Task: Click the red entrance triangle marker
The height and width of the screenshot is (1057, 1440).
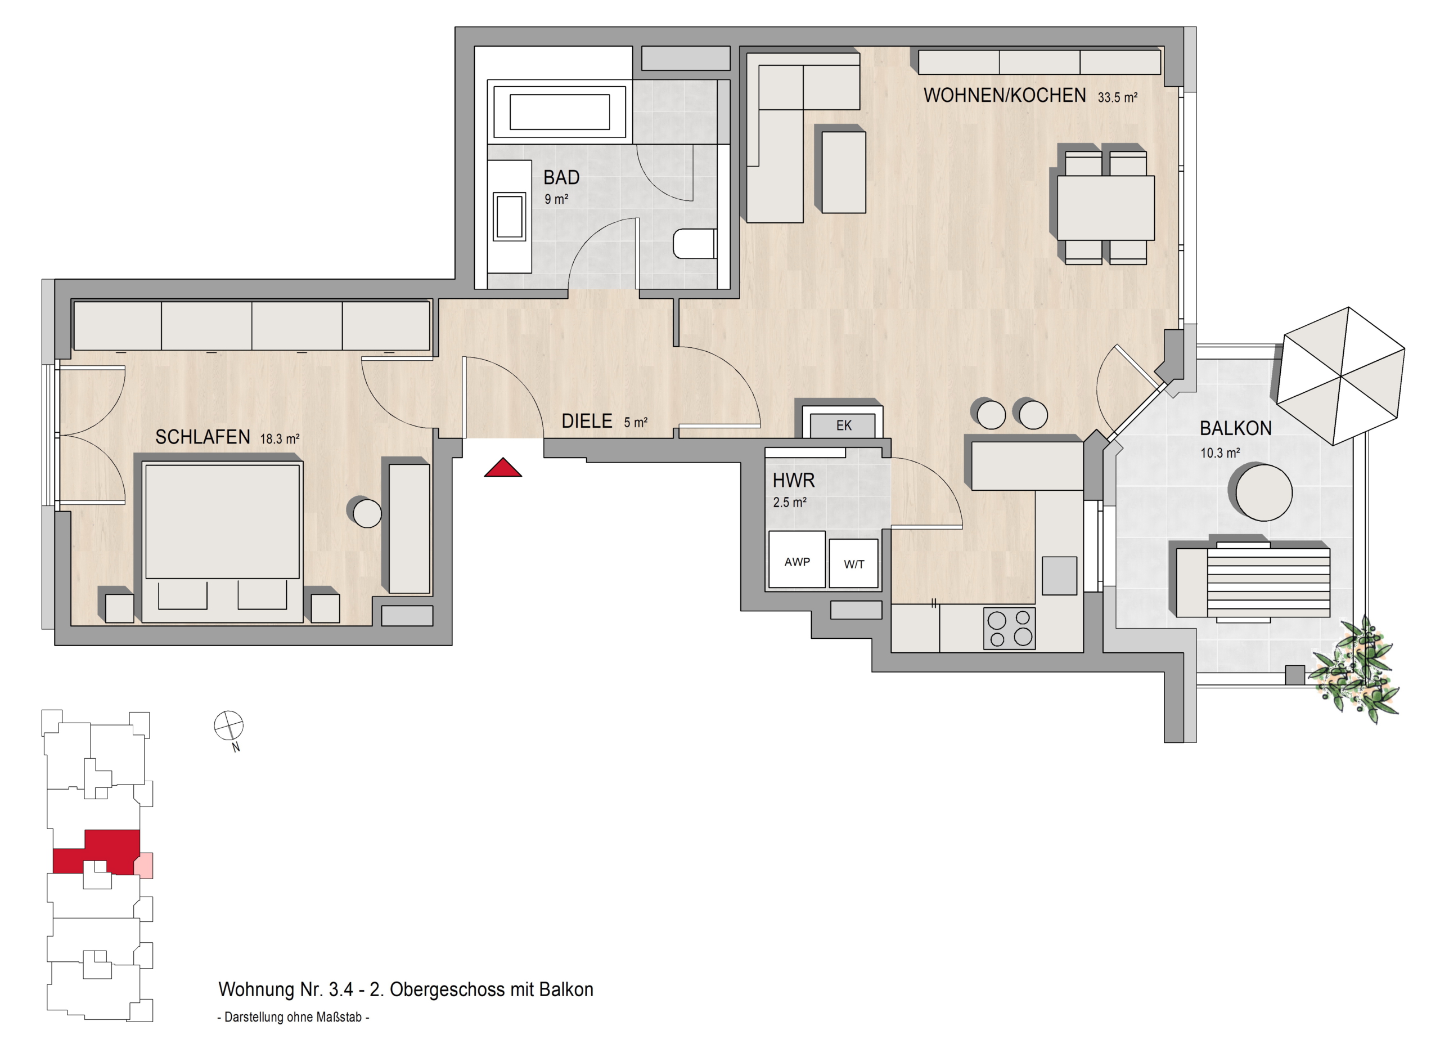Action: [x=502, y=469]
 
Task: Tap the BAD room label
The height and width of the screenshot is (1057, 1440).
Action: [x=561, y=177]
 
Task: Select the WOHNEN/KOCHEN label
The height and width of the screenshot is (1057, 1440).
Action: [x=1005, y=95]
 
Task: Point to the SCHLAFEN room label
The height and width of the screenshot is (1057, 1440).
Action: [x=202, y=437]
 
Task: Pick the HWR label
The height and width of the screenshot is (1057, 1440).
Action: [x=794, y=480]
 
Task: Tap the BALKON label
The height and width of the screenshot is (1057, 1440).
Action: [x=1235, y=428]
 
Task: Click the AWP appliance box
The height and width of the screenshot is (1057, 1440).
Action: [x=796, y=559]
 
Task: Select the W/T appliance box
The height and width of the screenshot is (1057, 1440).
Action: [x=854, y=563]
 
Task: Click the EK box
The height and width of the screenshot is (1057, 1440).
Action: [x=843, y=426]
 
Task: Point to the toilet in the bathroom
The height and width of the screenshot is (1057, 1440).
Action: [x=695, y=244]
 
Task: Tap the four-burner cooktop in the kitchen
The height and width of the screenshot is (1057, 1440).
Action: [x=1010, y=629]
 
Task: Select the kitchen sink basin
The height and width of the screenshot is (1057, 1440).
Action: [x=1060, y=575]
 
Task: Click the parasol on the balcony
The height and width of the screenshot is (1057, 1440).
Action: [x=1340, y=376]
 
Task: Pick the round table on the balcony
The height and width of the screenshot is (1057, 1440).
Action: [x=1263, y=492]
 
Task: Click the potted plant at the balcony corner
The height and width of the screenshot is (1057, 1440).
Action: [x=1354, y=670]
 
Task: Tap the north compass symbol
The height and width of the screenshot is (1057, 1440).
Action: [x=228, y=726]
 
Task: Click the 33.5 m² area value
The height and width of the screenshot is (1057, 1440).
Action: [x=1118, y=98]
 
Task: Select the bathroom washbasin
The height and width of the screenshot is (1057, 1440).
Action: [x=510, y=217]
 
